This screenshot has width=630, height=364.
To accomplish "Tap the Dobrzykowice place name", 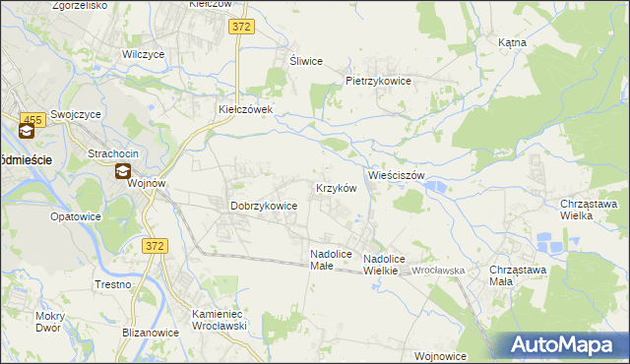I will pos(264,206).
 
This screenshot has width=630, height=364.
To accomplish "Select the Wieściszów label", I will pos(396,175).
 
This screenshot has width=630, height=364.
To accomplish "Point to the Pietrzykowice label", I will pos(377,81).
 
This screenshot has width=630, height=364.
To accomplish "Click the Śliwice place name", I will pos(306,61).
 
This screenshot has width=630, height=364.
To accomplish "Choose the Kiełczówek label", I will pos(251,109).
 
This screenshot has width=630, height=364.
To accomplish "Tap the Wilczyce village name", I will pos(142,55).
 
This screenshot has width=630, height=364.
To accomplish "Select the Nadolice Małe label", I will pos(329,259).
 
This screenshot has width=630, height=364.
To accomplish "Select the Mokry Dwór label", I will pos(47,322).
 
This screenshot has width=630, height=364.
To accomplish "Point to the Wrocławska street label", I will pos(438,270).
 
